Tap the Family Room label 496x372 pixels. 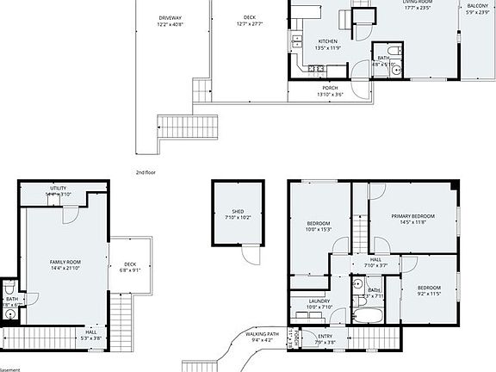(x=65, y=264)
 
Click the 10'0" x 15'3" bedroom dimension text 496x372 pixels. (x=318, y=229)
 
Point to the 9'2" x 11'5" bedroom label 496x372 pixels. (x=429, y=291)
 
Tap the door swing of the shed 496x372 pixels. (x=249, y=256)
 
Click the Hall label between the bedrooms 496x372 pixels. (x=375, y=262)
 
